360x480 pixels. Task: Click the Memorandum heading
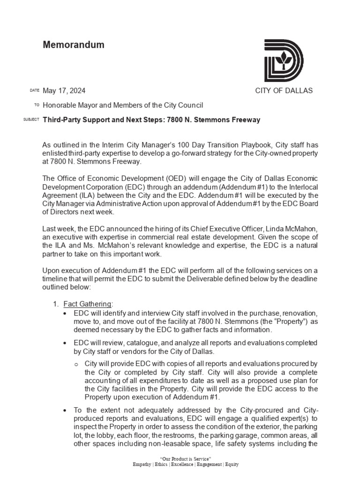74,45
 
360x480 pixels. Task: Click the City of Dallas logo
284,61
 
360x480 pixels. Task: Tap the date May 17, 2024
64,90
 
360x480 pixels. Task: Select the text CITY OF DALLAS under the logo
284,90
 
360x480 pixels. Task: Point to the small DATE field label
35,90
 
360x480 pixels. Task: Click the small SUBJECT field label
31,120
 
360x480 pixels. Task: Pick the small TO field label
37,105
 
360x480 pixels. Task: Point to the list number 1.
55,304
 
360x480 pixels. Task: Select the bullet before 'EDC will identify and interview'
65,313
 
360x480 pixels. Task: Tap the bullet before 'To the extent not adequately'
65,411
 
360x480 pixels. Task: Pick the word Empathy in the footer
142,464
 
